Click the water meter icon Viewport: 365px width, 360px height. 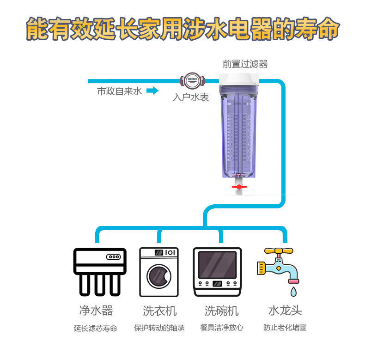[192, 81]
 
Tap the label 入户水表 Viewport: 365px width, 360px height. [191, 97]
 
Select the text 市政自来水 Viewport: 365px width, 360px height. [119, 91]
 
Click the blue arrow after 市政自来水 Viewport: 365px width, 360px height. [152, 91]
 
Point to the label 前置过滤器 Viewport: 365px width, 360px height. [245, 64]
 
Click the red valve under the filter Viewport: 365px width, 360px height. [239, 187]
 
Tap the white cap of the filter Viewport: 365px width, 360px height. [239, 81]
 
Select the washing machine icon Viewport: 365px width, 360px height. [159, 272]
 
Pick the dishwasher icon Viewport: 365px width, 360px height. [217, 272]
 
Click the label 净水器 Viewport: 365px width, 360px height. [96, 310]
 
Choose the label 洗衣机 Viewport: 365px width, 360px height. [159, 310]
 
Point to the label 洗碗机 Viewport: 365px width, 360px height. [221, 310]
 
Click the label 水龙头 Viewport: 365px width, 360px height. [285, 310]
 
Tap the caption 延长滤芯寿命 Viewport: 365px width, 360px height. [96, 328]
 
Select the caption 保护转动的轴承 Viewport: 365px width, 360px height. [159, 328]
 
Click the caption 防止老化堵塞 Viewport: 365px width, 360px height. [285, 328]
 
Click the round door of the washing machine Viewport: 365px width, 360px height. [158, 277]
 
